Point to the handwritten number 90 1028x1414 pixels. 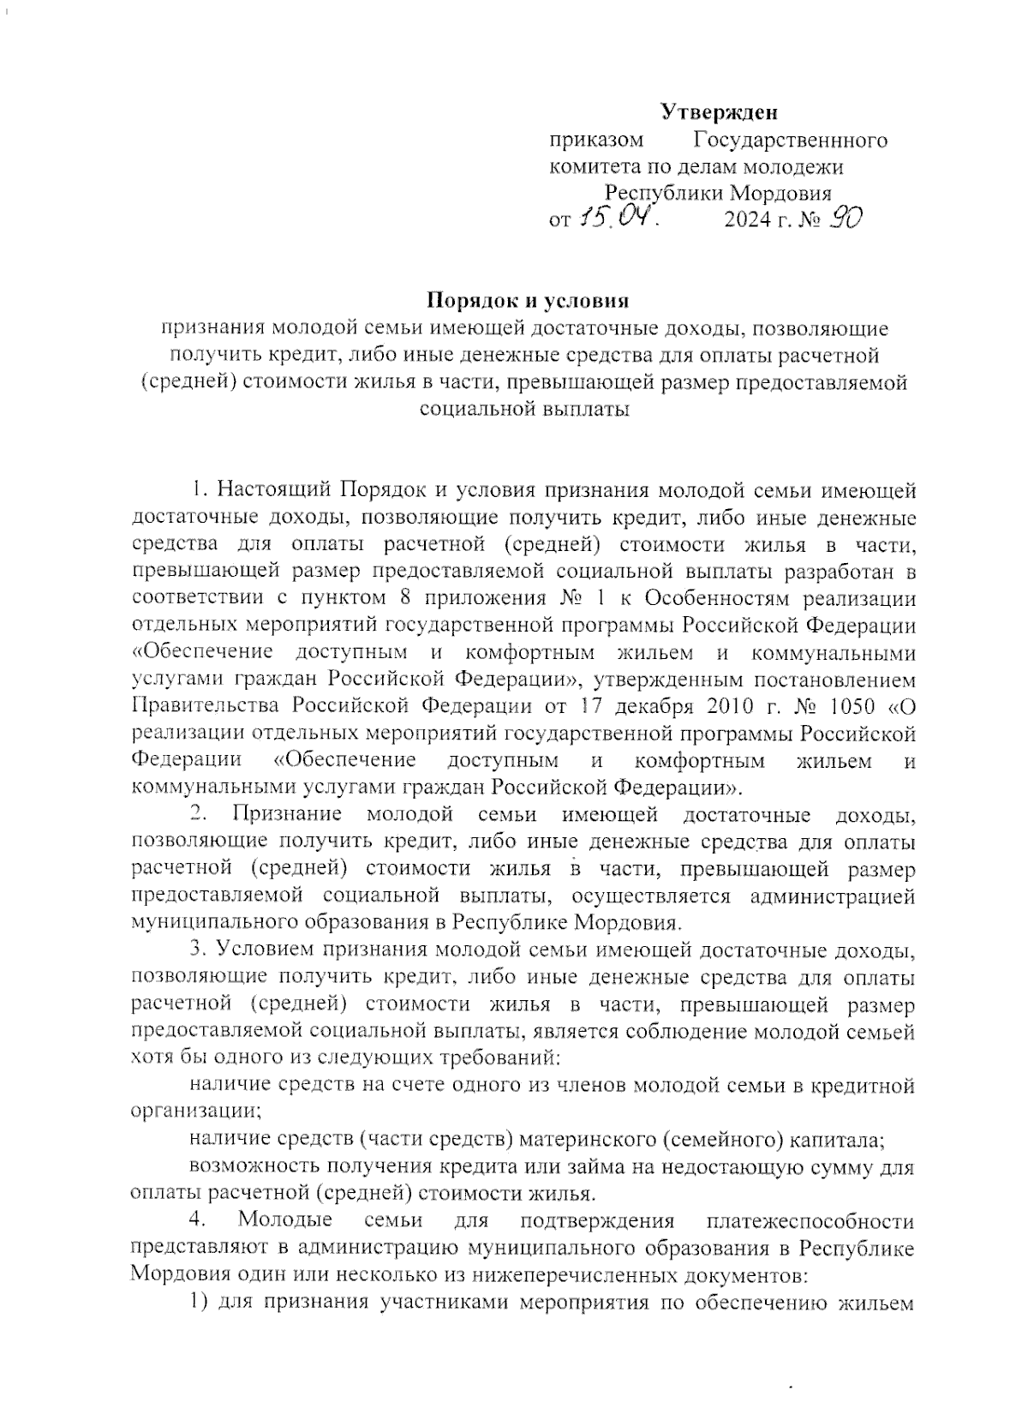844,219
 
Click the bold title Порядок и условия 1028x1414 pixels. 529,301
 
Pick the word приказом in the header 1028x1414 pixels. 596,141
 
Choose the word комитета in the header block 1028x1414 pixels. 592,167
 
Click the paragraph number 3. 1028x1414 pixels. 195,950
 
